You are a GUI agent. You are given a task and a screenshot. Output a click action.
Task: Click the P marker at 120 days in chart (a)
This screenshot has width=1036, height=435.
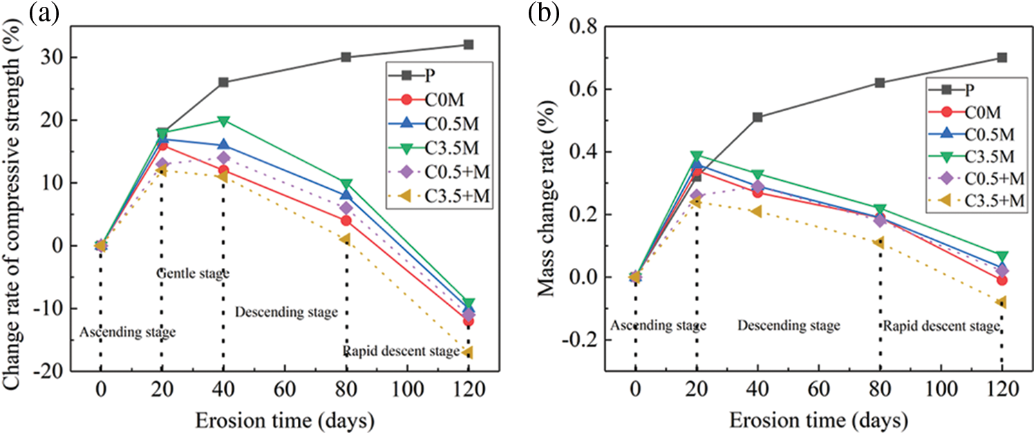click(469, 44)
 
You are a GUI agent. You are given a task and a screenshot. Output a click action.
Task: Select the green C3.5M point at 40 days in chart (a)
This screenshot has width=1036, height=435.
click(223, 120)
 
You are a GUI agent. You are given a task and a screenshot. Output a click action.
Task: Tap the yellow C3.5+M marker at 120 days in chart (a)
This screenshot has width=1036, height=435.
click(469, 353)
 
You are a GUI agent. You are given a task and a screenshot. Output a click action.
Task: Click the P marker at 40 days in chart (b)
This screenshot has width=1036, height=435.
click(757, 117)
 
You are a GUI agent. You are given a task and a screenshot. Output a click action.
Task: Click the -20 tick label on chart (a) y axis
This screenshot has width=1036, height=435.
click(64, 371)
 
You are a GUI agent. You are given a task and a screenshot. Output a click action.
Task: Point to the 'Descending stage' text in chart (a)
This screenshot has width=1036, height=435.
click(286, 312)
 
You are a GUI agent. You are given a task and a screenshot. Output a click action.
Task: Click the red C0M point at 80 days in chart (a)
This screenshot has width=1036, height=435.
click(346, 221)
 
